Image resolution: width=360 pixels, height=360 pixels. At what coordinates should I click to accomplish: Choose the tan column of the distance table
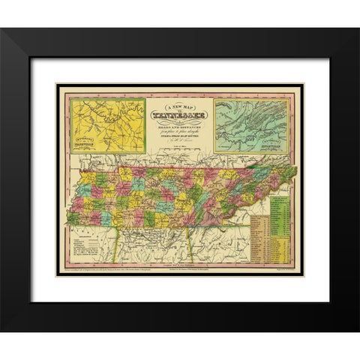click(259, 240)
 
